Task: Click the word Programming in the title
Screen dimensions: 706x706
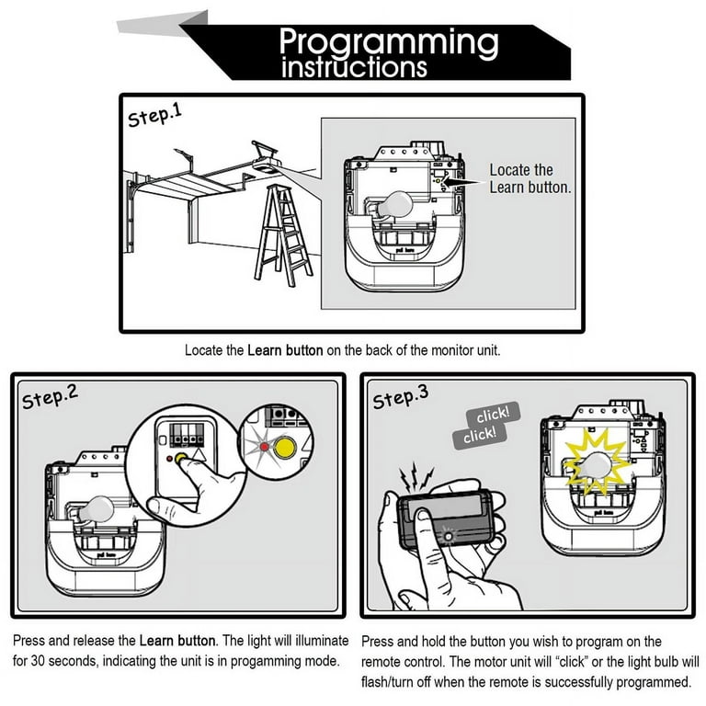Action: (x=389, y=41)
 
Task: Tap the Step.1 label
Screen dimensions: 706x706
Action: (x=157, y=116)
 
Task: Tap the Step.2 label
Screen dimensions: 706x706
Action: (x=50, y=397)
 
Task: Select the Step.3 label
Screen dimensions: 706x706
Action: (x=401, y=398)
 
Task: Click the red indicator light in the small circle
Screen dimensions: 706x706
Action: (x=265, y=448)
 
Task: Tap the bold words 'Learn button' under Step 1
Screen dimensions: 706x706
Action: (x=285, y=350)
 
